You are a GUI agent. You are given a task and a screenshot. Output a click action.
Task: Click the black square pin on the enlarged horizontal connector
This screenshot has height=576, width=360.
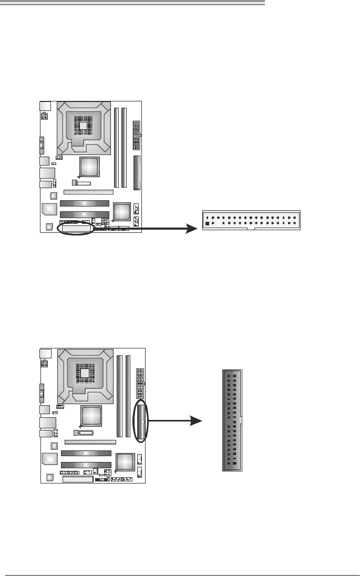208,223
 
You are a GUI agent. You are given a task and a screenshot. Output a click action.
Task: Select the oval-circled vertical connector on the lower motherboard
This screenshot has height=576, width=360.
141,421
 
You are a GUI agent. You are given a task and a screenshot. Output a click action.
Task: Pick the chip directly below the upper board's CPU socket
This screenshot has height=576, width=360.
89,167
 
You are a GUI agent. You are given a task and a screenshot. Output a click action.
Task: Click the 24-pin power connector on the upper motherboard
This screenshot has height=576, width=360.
137,135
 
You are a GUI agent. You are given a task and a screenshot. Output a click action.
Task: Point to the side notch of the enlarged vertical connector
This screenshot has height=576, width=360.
241,420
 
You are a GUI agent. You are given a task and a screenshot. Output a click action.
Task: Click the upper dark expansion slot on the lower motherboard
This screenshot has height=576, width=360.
86,452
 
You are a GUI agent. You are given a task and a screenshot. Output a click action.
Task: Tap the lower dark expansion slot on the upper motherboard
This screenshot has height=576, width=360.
84,214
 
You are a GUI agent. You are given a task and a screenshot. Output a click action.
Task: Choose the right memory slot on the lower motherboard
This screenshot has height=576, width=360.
128,395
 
